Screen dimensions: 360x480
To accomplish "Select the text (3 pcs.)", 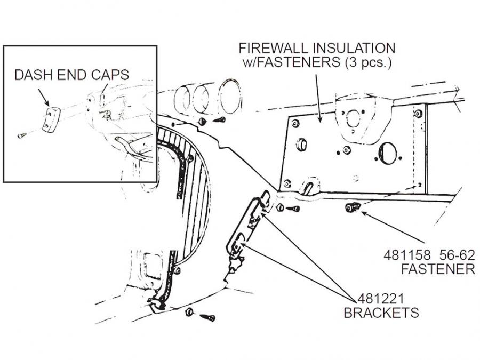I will coord(368,62).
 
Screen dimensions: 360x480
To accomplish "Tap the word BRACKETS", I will coord(381,312).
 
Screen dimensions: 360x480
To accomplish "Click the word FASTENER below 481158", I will coord(438,268).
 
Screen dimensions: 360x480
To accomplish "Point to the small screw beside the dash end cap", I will coord(22,136).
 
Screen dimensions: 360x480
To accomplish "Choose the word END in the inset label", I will coord(70,75).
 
